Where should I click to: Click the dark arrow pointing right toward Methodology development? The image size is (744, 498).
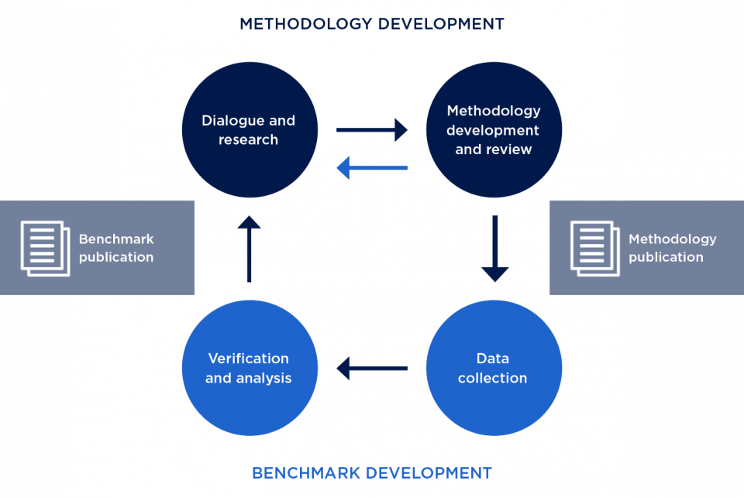[372, 130]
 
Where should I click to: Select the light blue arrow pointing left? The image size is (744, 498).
[372, 167]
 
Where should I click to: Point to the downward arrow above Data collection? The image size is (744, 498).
[494, 248]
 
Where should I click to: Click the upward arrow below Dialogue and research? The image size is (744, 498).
[249, 248]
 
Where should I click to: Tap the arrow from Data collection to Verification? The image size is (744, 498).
[372, 368]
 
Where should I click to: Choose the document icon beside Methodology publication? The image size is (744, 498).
[595, 248]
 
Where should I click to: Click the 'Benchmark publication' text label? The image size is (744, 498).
[116, 248]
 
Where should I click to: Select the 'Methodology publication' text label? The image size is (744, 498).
[672, 248]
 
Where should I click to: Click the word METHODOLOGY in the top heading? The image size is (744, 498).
[304, 24]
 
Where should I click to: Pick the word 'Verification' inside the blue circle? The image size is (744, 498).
[248, 359]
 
